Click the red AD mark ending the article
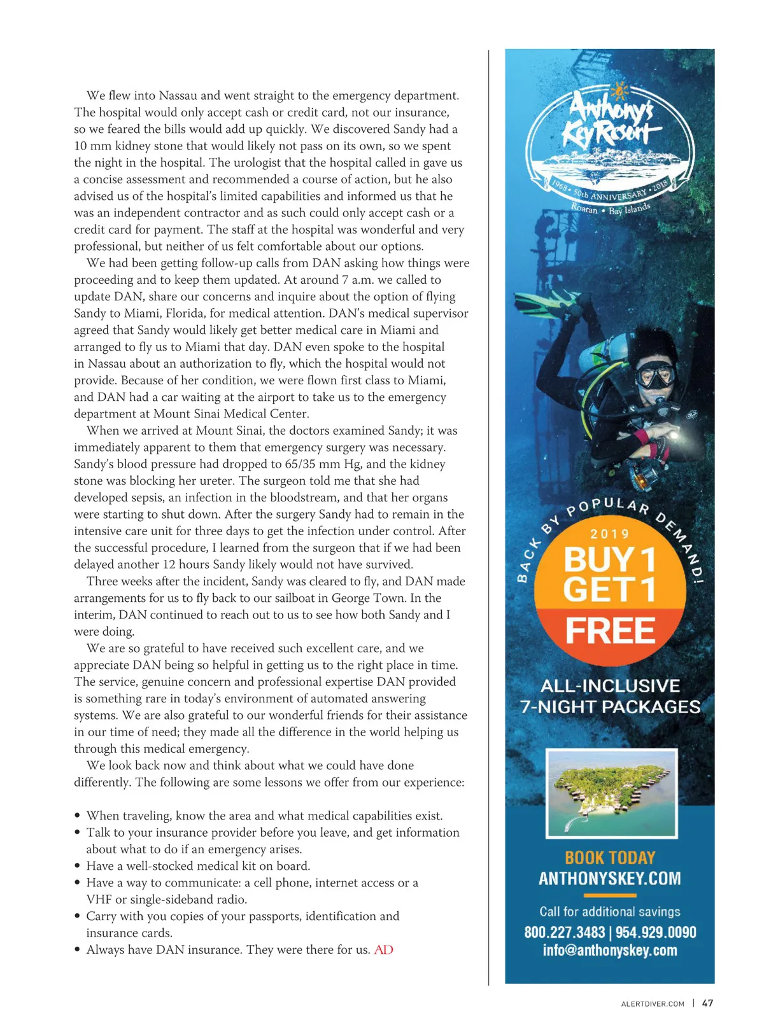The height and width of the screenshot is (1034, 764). pos(383,949)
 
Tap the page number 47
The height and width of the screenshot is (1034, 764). pos(707,1003)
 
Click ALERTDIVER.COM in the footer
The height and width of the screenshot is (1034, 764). pos(653,1003)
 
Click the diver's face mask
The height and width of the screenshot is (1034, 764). pos(655,375)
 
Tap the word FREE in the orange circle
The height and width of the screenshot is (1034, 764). pos(610,631)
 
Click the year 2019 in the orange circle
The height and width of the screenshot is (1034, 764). pos(609,534)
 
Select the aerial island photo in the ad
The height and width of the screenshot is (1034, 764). pos(611,793)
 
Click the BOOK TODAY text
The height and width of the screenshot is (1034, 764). pos(610,857)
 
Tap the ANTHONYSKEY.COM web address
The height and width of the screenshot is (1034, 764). pos(610,879)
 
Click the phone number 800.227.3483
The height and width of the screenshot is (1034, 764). pos(564,932)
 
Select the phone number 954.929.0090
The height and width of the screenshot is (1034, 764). pos(656,932)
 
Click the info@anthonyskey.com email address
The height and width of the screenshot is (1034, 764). pos(610,951)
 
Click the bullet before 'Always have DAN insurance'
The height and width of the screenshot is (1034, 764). pos(77,950)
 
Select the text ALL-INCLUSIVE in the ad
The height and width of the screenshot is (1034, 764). pos(610,686)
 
